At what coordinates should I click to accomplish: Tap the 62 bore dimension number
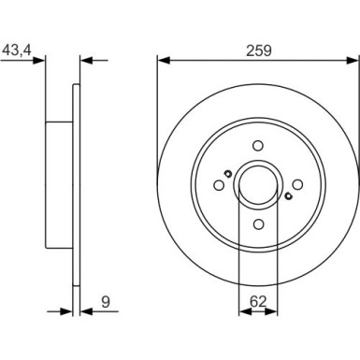click(x=259, y=302)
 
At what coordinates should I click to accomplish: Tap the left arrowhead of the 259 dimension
click(x=161, y=62)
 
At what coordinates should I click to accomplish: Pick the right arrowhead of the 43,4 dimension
click(x=84, y=62)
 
